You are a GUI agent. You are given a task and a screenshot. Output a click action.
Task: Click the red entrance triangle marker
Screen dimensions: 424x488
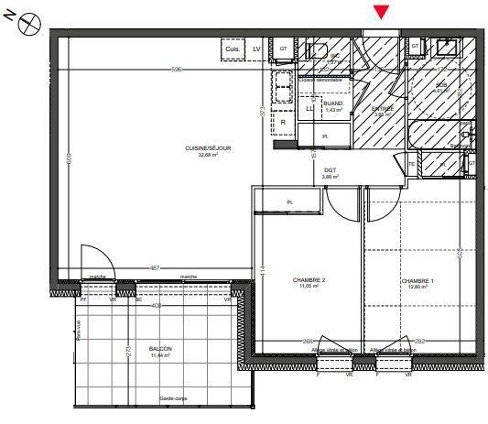(382, 12)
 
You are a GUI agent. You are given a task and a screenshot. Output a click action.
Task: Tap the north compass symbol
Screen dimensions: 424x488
(27, 20)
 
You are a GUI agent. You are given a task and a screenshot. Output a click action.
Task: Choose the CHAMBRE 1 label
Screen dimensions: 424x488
(417, 281)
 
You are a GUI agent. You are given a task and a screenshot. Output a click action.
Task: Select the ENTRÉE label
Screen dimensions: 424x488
(382, 110)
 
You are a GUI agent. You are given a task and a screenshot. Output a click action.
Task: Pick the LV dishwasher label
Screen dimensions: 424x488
(256, 48)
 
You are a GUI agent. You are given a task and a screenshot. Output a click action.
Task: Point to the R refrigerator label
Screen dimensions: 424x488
(283, 122)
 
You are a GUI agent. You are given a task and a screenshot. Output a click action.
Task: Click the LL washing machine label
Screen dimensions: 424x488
(309, 108)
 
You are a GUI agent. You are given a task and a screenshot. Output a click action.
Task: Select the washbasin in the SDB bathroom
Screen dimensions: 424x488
(448, 47)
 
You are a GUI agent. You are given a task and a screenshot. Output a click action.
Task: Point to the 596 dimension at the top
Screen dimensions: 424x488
(177, 70)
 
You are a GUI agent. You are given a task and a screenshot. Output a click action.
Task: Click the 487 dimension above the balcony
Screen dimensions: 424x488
(155, 267)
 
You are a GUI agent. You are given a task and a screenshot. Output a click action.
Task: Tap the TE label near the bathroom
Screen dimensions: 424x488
(412, 164)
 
